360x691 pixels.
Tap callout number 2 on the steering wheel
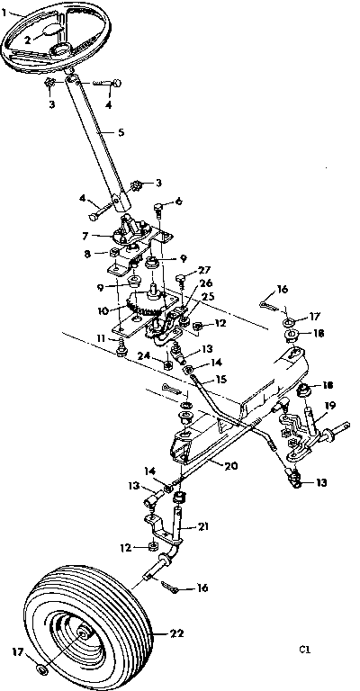pyautogui.click(x=28, y=40)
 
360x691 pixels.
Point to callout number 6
pyautogui.click(x=178, y=200)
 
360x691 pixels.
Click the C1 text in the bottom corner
pyautogui.click(x=306, y=647)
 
